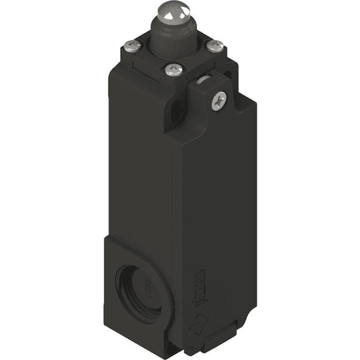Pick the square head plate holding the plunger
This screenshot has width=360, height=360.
(x=180, y=58)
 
